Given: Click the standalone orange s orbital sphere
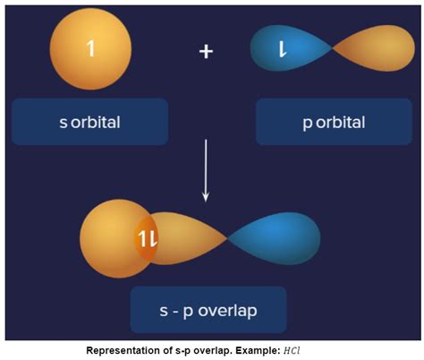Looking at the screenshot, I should [90, 49].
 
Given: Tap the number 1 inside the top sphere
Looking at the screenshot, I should [90, 48].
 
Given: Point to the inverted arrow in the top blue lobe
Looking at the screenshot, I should [283, 49].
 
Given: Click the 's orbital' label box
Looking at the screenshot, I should [90, 121].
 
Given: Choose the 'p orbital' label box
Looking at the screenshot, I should [333, 121].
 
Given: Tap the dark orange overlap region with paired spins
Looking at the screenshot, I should [147, 237].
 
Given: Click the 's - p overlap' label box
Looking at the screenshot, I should [208, 310].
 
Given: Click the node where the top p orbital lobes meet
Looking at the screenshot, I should [331, 49].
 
